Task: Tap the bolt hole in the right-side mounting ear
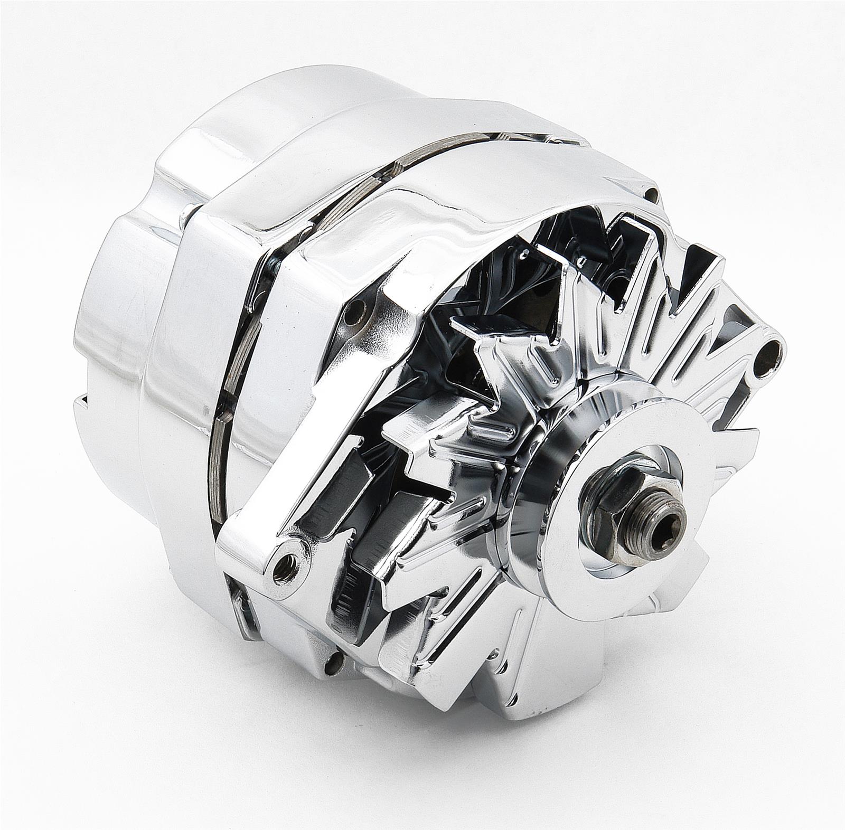click(772, 348)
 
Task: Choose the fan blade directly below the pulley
click(523, 686)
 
